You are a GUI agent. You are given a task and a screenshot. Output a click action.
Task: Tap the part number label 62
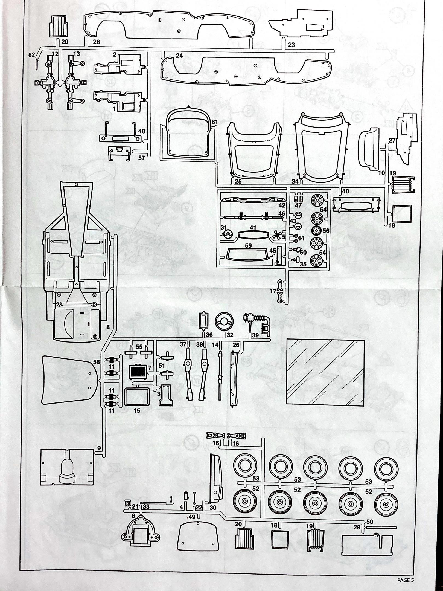[32, 55]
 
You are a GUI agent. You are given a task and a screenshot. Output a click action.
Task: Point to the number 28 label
[96, 42]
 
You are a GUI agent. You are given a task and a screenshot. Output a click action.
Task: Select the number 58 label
[97, 362]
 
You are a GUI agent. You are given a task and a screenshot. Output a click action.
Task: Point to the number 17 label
[273, 292]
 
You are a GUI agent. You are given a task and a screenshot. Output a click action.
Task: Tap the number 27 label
[392, 140]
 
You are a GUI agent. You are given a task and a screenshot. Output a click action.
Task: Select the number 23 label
[292, 45]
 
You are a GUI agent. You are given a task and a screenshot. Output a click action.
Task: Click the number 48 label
[141, 131]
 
